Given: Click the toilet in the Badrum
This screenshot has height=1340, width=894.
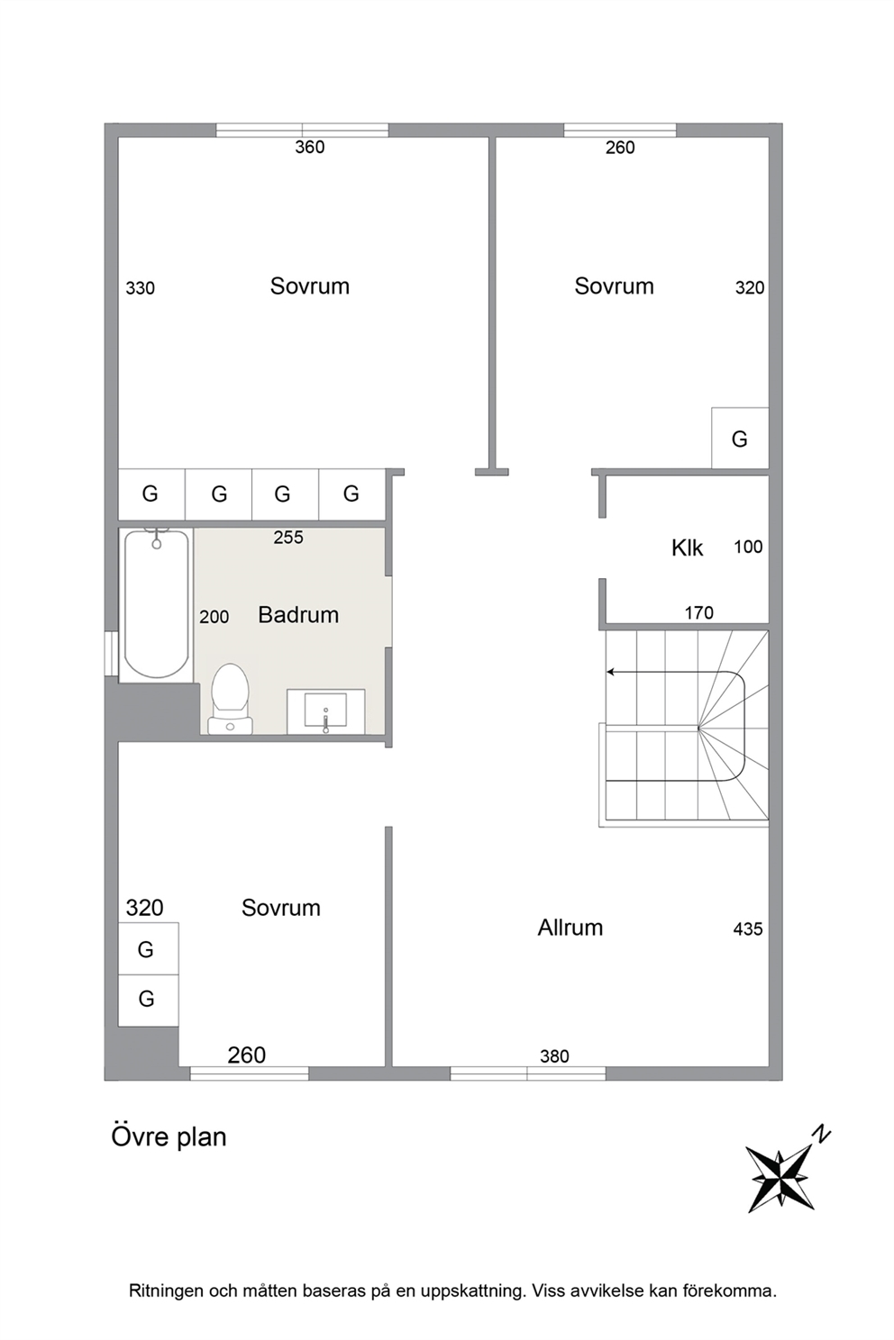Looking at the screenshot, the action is click(x=230, y=699).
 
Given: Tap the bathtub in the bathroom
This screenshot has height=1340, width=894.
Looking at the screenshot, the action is click(x=156, y=604).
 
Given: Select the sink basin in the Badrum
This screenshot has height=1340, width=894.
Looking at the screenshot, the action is click(x=325, y=711).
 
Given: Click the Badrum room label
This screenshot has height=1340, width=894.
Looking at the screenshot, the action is click(x=298, y=615).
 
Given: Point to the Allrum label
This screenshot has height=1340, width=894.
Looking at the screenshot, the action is click(x=570, y=928).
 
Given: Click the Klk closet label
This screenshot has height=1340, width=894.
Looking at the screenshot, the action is click(x=687, y=548).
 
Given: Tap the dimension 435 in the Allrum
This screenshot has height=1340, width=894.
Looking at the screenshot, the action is click(x=748, y=928).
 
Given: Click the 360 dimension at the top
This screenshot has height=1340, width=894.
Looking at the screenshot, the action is click(x=310, y=147).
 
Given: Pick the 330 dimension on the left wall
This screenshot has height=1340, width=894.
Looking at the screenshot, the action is click(x=140, y=288).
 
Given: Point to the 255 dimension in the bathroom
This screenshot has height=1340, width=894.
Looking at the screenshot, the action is click(x=288, y=538).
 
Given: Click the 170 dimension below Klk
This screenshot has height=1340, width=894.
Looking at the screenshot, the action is click(x=698, y=612).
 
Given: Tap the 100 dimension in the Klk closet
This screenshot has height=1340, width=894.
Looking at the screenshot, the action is click(x=748, y=546).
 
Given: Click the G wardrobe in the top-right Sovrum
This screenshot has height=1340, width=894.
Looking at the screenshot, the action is click(x=740, y=439).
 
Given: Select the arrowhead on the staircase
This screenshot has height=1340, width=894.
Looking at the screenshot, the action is click(x=610, y=672).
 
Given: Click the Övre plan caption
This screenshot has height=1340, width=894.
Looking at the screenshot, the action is click(x=169, y=1137).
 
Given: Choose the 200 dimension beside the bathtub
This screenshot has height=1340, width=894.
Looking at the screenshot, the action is click(x=214, y=617).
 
